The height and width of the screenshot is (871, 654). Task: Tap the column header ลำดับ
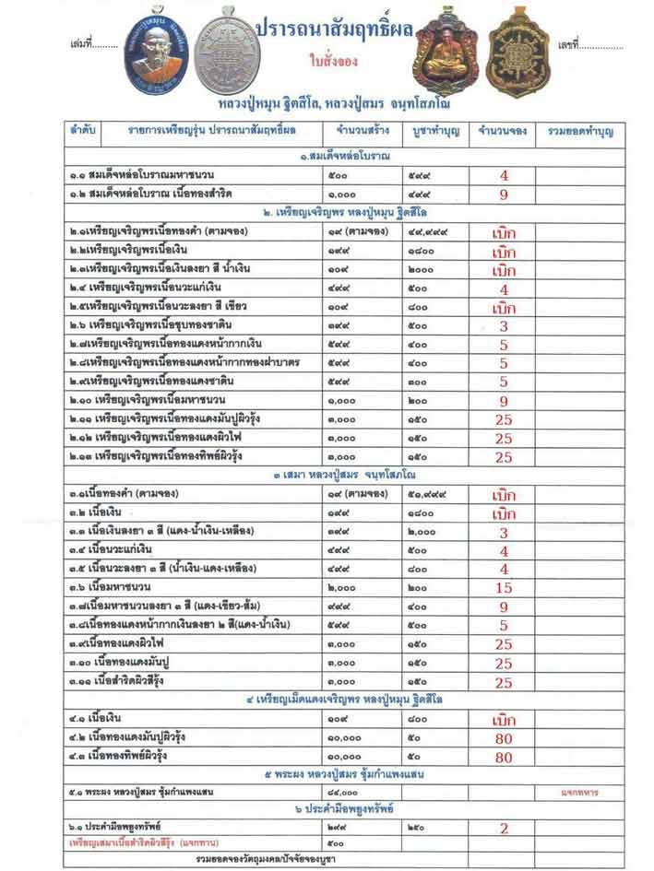(x=80, y=132)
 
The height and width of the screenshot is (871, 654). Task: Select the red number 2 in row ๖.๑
(x=504, y=829)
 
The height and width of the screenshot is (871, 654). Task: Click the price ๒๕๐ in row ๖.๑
(x=419, y=829)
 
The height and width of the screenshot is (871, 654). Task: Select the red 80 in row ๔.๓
(x=504, y=758)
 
